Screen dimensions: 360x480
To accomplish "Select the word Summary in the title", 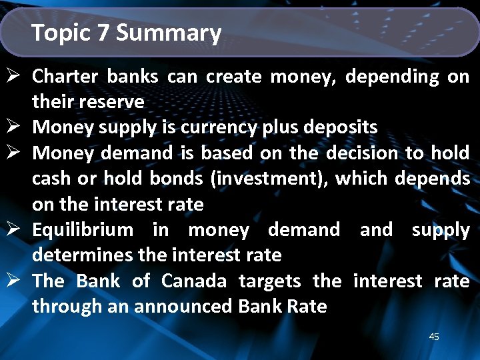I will point(169,33).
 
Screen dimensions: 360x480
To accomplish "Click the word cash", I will point(51,179).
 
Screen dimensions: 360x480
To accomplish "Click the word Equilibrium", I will point(83,230).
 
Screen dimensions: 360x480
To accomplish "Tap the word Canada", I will point(194,281).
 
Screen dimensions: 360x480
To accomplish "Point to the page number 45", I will point(434,337).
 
